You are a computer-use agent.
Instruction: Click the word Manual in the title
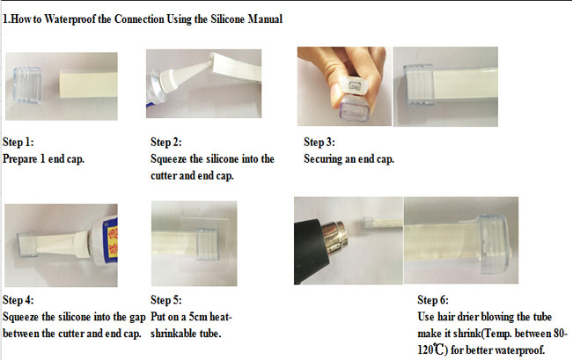pyautogui.click(x=265, y=18)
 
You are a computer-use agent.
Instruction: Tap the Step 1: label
pyautogui.click(x=18, y=142)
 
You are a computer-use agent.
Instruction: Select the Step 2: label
pyautogui.click(x=166, y=142)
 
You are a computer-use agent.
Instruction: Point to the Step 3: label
pyautogui.click(x=320, y=142)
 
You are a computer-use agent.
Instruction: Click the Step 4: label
pyautogui.click(x=18, y=299)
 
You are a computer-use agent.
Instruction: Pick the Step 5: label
pyautogui.click(x=166, y=299)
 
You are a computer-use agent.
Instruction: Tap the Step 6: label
pyautogui.click(x=433, y=299)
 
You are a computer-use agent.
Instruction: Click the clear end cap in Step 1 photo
pyautogui.click(x=27, y=85)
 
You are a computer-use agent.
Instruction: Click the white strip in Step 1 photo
pyautogui.click(x=88, y=84)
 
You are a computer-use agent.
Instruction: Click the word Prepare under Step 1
pyautogui.click(x=20, y=159)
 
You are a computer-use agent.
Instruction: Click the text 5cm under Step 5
pyautogui.click(x=198, y=317)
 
